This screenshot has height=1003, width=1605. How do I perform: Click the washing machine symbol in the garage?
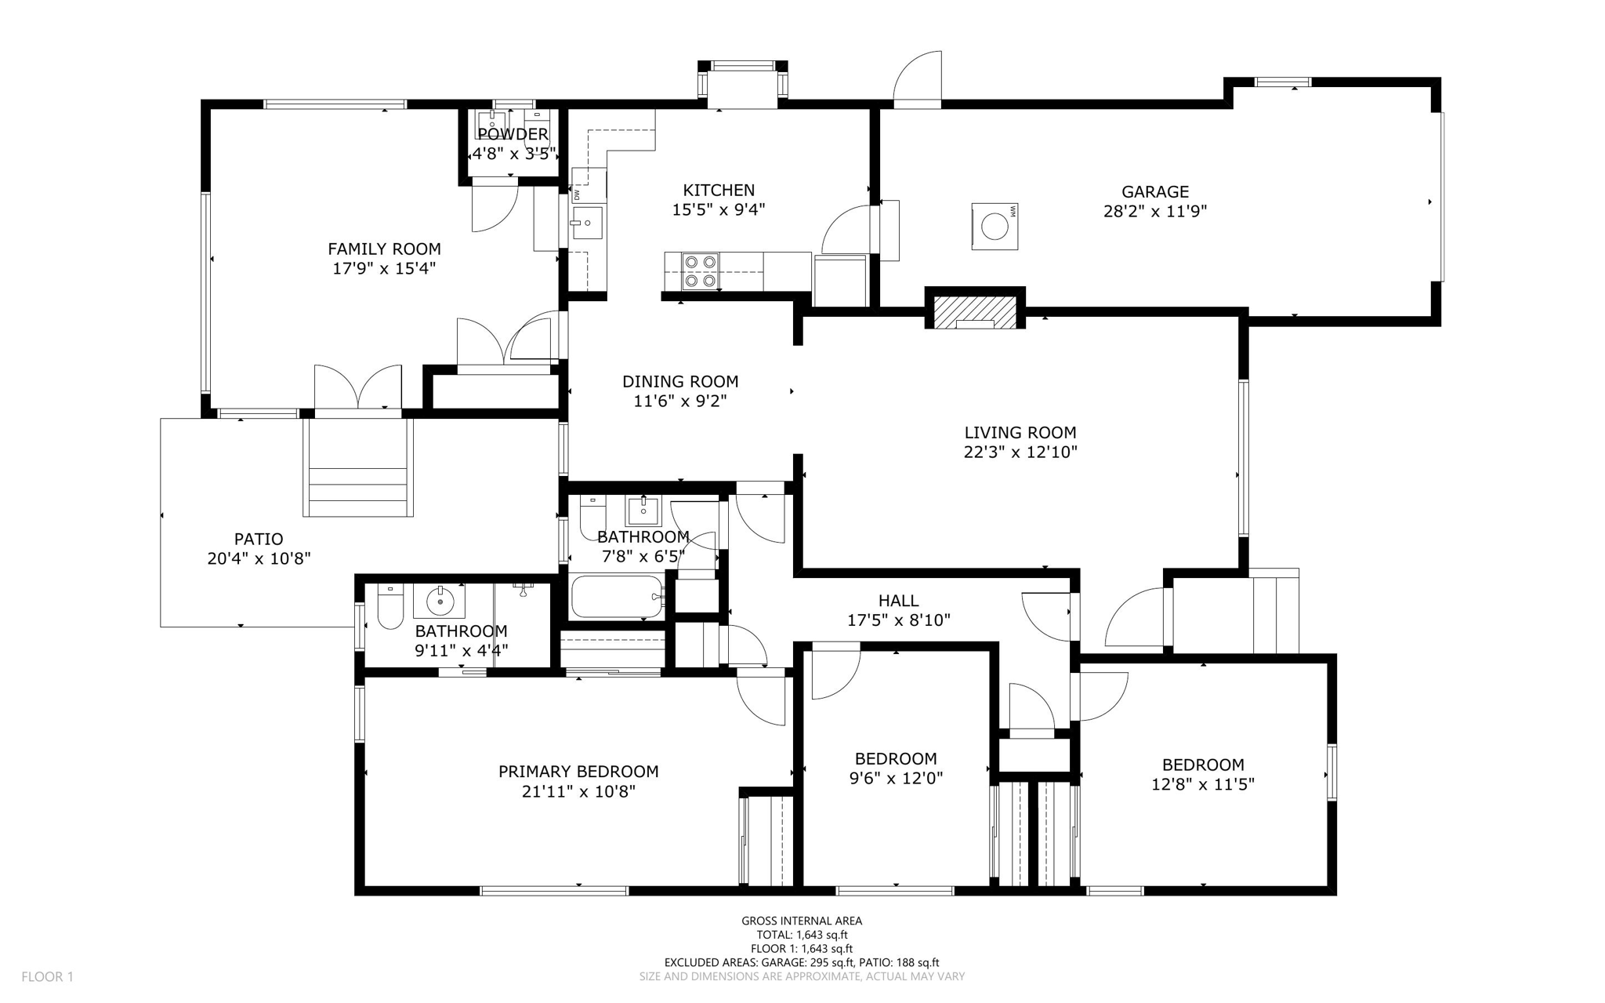(x=995, y=227)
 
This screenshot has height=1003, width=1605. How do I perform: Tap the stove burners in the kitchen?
(x=701, y=271)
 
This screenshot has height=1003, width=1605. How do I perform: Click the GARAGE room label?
(x=1154, y=191)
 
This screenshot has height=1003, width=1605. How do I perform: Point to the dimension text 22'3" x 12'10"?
(x=1020, y=452)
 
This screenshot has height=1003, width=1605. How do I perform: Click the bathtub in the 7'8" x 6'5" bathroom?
(x=617, y=598)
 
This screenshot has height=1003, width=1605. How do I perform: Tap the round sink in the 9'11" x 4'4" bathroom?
(x=440, y=601)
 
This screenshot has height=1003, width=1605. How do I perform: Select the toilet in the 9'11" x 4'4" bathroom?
(x=389, y=608)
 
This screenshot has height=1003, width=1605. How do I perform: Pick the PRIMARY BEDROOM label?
(x=578, y=772)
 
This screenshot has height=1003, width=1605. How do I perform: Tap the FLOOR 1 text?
(x=47, y=976)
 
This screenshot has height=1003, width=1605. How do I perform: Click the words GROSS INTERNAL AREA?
(x=801, y=921)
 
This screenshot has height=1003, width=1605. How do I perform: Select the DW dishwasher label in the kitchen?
(x=577, y=194)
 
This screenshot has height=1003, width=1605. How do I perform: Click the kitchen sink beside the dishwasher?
(x=586, y=223)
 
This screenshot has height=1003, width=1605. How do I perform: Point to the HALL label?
(x=898, y=601)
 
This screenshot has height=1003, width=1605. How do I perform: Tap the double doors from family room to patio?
(x=358, y=388)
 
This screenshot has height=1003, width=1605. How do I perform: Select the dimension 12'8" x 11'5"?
(x=1202, y=784)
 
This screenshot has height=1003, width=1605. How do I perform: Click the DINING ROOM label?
(x=679, y=382)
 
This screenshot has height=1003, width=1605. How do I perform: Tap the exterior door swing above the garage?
(x=918, y=78)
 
